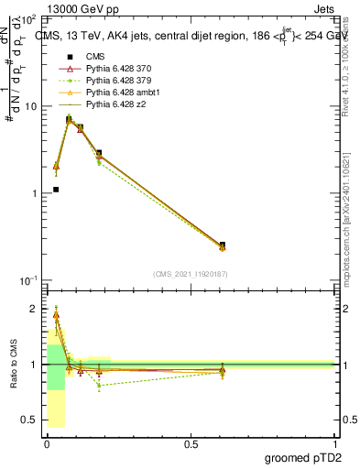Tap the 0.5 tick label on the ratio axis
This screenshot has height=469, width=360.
(28, 420)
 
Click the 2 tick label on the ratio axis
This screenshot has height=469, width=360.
(33, 309)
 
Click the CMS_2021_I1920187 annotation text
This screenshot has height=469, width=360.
(190, 274)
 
